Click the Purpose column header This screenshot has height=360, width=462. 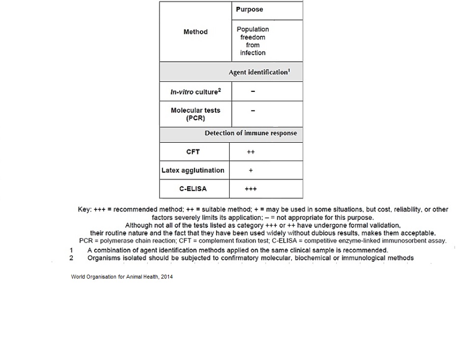[x=249, y=9]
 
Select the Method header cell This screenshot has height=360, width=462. [x=195, y=32]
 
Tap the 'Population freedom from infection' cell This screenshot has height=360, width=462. [x=253, y=41]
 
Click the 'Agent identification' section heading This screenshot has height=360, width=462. [x=259, y=72]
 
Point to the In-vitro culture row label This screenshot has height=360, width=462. [x=195, y=92]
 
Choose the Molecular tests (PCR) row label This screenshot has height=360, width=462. [x=195, y=114]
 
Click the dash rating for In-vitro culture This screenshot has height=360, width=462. [x=253, y=92]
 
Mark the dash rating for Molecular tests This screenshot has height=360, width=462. [x=253, y=111]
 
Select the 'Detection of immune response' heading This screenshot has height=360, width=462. [x=250, y=133]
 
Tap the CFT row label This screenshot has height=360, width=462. [x=193, y=152]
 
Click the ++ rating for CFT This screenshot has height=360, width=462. [x=251, y=152]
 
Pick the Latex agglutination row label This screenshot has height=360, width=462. [x=193, y=170]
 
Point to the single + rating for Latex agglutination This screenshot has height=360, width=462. [x=251, y=171]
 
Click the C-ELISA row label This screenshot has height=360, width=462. [x=193, y=189]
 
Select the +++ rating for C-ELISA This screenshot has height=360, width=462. [x=251, y=189]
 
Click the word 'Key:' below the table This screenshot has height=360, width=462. [x=84, y=209]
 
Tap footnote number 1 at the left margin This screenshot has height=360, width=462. [x=72, y=250]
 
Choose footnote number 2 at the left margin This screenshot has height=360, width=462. [x=72, y=257]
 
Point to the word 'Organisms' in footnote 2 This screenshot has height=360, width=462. [x=103, y=257]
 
